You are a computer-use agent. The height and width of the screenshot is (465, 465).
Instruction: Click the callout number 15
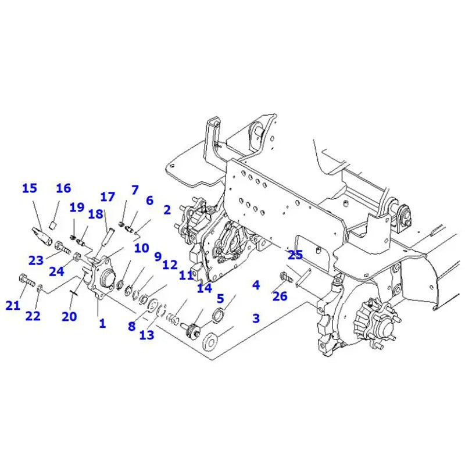pyautogui.click(x=29, y=188)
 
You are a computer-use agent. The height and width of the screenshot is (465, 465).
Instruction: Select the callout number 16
pyautogui.click(x=63, y=188)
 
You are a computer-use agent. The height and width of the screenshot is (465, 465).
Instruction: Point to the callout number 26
pyautogui.click(x=280, y=297)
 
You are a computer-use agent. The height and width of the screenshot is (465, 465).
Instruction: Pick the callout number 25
pyautogui.click(x=295, y=255)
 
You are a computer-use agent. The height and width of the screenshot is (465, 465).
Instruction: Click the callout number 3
pyautogui.click(x=256, y=318)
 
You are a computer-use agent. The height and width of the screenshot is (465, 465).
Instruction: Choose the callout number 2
pyautogui.click(x=167, y=210)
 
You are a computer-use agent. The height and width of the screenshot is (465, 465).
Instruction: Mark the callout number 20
pyautogui.click(x=69, y=316)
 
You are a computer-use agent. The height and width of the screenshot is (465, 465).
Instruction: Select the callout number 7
pyautogui.click(x=135, y=190)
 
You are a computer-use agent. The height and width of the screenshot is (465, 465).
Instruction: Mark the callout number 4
pyautogui.click(x=256, y=285)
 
